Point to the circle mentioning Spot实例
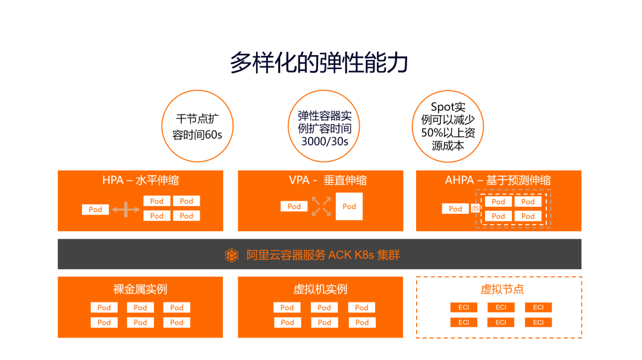(x=448, y=126)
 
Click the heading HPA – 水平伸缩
(x=141, y=180)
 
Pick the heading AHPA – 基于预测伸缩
(x=498, y=180)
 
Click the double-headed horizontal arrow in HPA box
(x=126, y=209)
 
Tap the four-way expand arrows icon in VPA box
(x=321, y=206)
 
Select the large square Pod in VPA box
(x=349, y=207)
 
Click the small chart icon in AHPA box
(x=475, y=209)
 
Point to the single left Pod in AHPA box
(x=455, y=209)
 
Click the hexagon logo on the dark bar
(x=232, y=255)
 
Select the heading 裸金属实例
(x=140, y=289)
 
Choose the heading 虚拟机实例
(x=320, y=289)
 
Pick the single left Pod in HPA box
(x=95, y=209)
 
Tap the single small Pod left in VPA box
(x=294, y=206)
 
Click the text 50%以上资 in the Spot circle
(x=448, y=132)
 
